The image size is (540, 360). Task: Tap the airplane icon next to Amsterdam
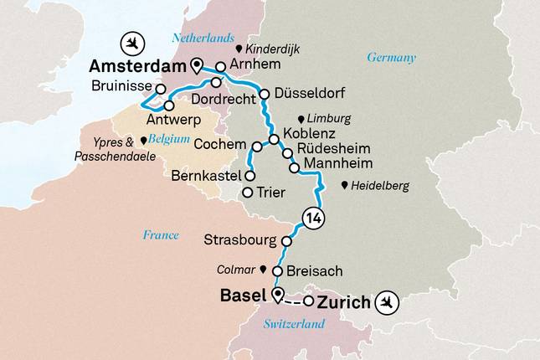[x=130, y=41]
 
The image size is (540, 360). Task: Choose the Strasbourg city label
[x=240, y=240]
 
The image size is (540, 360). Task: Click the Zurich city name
[x=344, y=302]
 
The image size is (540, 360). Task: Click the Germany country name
[x=391, y=58]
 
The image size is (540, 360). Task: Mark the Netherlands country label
[x=202, y=38]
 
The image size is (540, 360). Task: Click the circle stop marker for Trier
[x=247, y=193]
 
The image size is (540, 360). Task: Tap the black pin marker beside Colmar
[x=263, y=270]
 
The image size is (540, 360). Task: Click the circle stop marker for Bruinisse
[x=160, y=89]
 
